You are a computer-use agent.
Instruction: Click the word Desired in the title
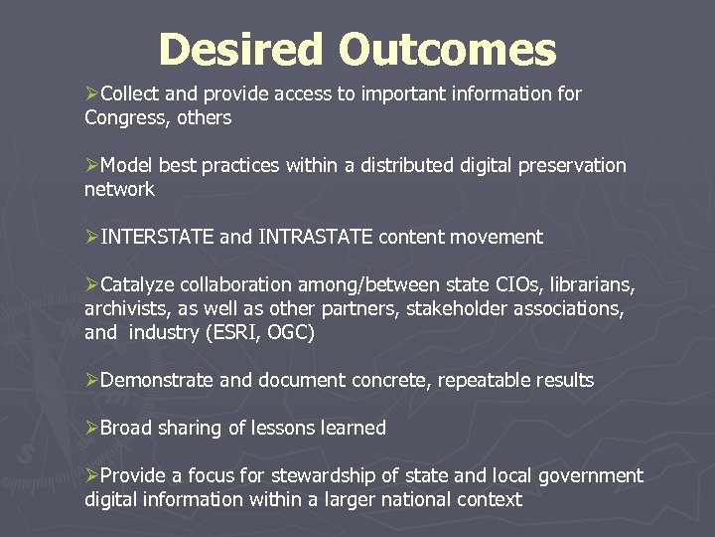[239, 50]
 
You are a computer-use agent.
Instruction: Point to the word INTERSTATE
[157, 237]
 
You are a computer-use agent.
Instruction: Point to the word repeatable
[478, 380]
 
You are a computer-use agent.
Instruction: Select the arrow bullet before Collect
[91, 94]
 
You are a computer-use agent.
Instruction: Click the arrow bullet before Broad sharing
[91, 428]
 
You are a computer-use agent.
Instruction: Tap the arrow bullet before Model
[91, 165]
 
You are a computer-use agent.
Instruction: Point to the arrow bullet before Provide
[91, 475]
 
